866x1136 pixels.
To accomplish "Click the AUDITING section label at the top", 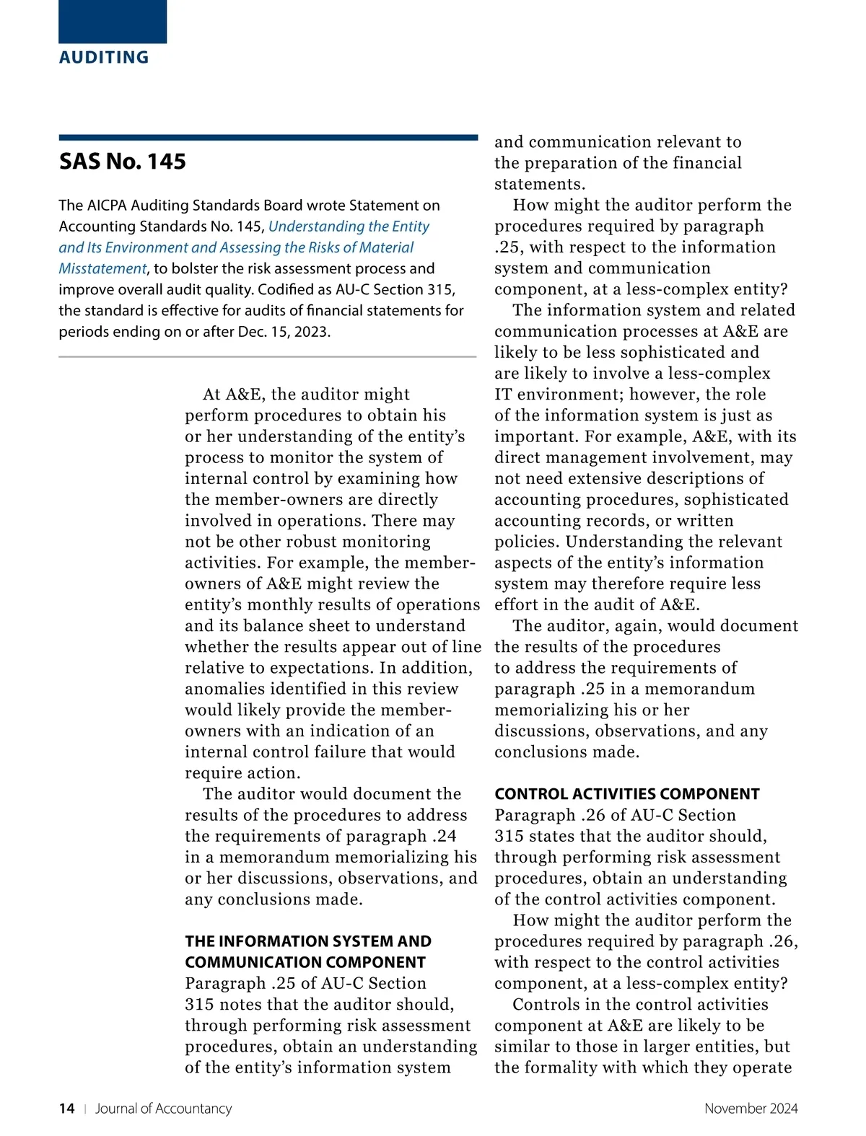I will [x=104, y=57].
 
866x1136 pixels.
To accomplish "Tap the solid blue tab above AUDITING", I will [x=113, y=21].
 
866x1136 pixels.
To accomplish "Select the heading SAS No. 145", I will [x=123, y=161].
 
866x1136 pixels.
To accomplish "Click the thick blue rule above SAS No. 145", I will [x=268, y=137].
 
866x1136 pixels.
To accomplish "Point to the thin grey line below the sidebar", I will [x=268, y=356].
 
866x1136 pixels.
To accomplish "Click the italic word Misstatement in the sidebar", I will [x=102, y=268].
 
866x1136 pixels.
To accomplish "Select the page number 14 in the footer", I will [x=66, y=1109].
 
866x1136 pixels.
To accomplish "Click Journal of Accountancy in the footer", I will [x=164, y=1109].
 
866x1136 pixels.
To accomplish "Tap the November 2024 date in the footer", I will [x=751, y=1109].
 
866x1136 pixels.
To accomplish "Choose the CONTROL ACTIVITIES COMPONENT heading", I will [x=626, y=794].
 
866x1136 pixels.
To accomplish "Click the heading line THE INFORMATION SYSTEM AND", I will [x=308, y=941].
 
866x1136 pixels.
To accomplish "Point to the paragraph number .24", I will [x=445, y=836].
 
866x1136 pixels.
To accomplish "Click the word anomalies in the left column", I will [x=225, y=689].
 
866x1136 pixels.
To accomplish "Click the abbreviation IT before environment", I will [x=503, y=395].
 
